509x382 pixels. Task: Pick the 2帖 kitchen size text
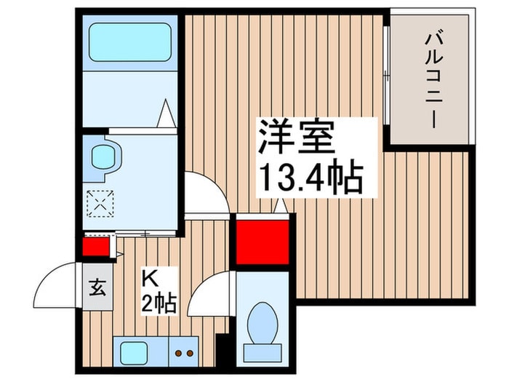(x=160, y=302)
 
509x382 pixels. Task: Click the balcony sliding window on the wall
(x=386, y=80)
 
